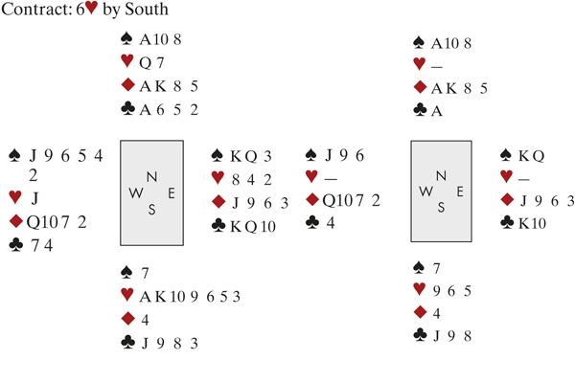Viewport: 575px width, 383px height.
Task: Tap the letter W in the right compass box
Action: (x=425, y=191)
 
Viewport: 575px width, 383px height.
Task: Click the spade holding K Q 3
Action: (x=253, y=156)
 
